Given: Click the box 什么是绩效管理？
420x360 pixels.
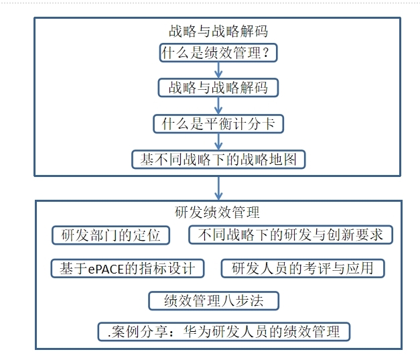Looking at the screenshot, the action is pos(218,53).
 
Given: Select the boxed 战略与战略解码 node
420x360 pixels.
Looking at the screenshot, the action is pos(218,88).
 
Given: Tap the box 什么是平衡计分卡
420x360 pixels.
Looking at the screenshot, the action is pos(218,124).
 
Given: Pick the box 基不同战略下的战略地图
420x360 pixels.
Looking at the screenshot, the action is pos(218,160).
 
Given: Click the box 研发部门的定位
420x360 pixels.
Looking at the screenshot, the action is pos(111,235).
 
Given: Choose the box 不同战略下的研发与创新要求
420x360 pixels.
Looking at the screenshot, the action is pos(291,235).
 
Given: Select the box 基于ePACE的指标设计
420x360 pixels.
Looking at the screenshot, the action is pos(127,268).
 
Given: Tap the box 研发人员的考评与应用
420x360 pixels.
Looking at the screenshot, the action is pos(303,268).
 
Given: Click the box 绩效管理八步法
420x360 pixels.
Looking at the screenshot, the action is pos(214,301).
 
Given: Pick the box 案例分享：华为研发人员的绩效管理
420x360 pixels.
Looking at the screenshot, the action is pos(224,332).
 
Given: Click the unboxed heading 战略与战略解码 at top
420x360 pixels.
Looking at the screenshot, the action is pos(218,31).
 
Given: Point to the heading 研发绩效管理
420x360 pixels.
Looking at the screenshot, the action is pos(217,213).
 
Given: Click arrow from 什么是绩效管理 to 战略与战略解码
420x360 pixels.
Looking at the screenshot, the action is pos(218,70).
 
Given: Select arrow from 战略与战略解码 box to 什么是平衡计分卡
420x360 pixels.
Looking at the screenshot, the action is pos(218,106).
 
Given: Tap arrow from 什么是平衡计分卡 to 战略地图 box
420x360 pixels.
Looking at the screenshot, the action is pos(218,142).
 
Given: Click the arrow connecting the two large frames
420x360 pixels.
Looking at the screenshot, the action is pos(218,188).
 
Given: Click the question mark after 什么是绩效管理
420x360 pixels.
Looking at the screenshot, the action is pos(266,52).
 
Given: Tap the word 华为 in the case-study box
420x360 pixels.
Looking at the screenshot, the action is pos(198,332).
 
